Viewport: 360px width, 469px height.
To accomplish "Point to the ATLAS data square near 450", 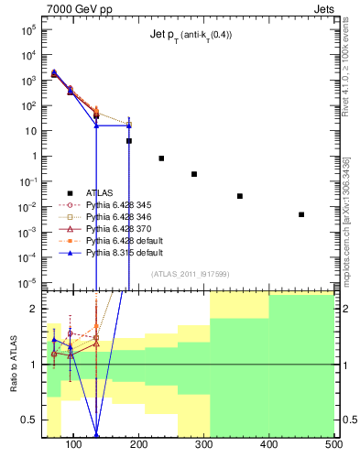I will (301, 214).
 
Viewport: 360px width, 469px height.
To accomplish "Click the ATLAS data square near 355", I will (240, 196).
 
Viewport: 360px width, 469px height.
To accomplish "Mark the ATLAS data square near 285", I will (194, 174).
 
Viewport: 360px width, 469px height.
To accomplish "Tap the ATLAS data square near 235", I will (161, 158).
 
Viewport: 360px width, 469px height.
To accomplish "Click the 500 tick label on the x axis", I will (333, 445).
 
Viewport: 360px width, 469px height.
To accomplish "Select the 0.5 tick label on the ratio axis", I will (34, 420).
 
